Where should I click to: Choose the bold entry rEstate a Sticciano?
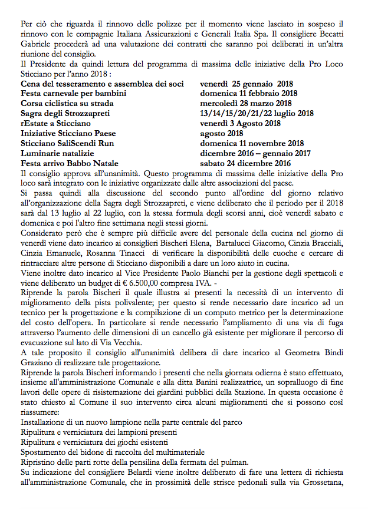click(55, 124)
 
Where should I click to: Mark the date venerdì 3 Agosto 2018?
click(244, 124)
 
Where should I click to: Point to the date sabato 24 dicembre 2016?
click(245, 164)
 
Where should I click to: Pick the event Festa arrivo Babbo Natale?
click(70, 164)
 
